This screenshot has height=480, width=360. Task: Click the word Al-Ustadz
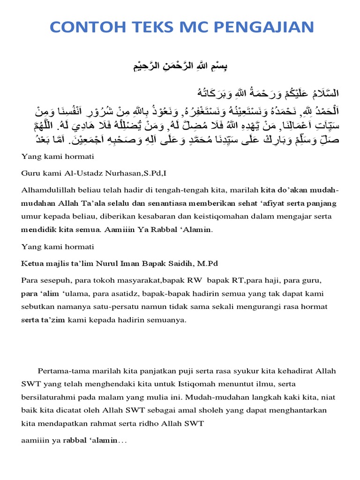pos(81,173)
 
